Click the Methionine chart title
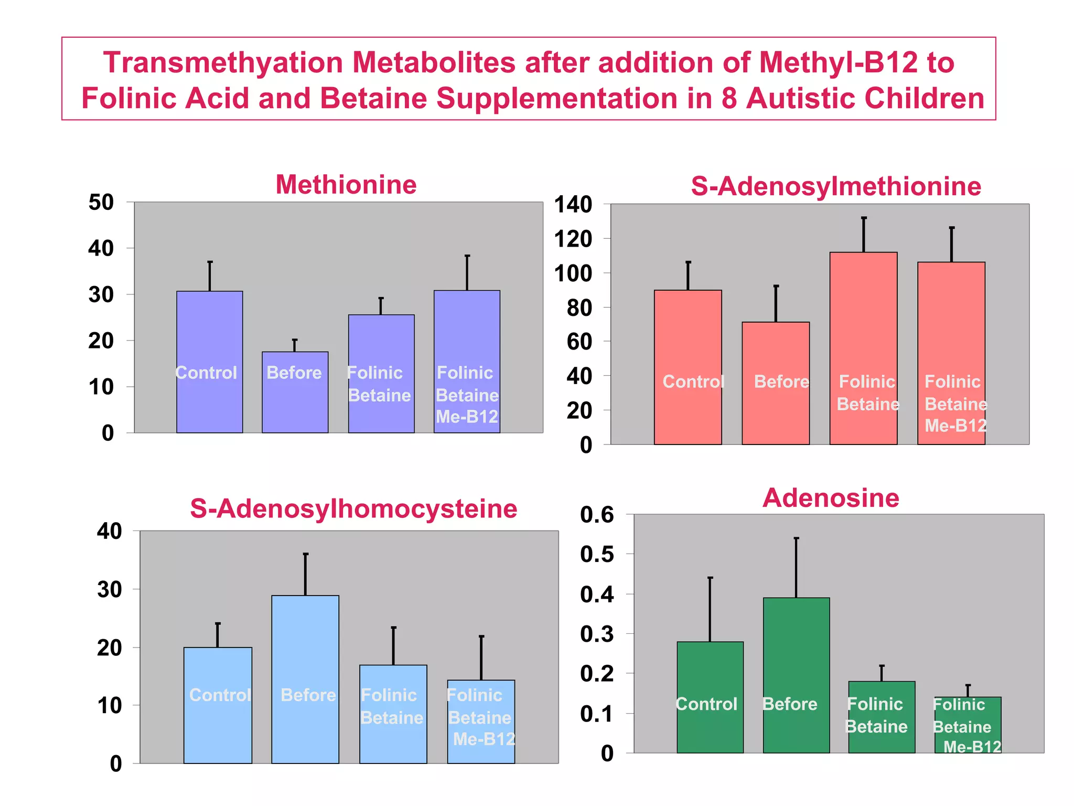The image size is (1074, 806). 346,185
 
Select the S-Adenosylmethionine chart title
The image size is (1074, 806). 835,186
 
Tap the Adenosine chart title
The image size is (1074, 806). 831,497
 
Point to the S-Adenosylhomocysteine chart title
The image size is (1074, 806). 353,508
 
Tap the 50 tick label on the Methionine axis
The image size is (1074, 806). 101,203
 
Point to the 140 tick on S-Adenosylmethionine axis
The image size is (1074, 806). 573,205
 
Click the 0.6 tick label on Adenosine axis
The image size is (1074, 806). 597,515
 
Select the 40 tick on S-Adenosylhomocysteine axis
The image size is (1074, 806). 109,532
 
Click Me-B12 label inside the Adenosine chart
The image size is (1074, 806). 972,746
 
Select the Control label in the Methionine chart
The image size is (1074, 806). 206,373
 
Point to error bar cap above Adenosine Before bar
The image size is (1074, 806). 796,538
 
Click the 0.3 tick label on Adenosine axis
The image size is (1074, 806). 597,634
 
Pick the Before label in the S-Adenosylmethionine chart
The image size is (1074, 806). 781,381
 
